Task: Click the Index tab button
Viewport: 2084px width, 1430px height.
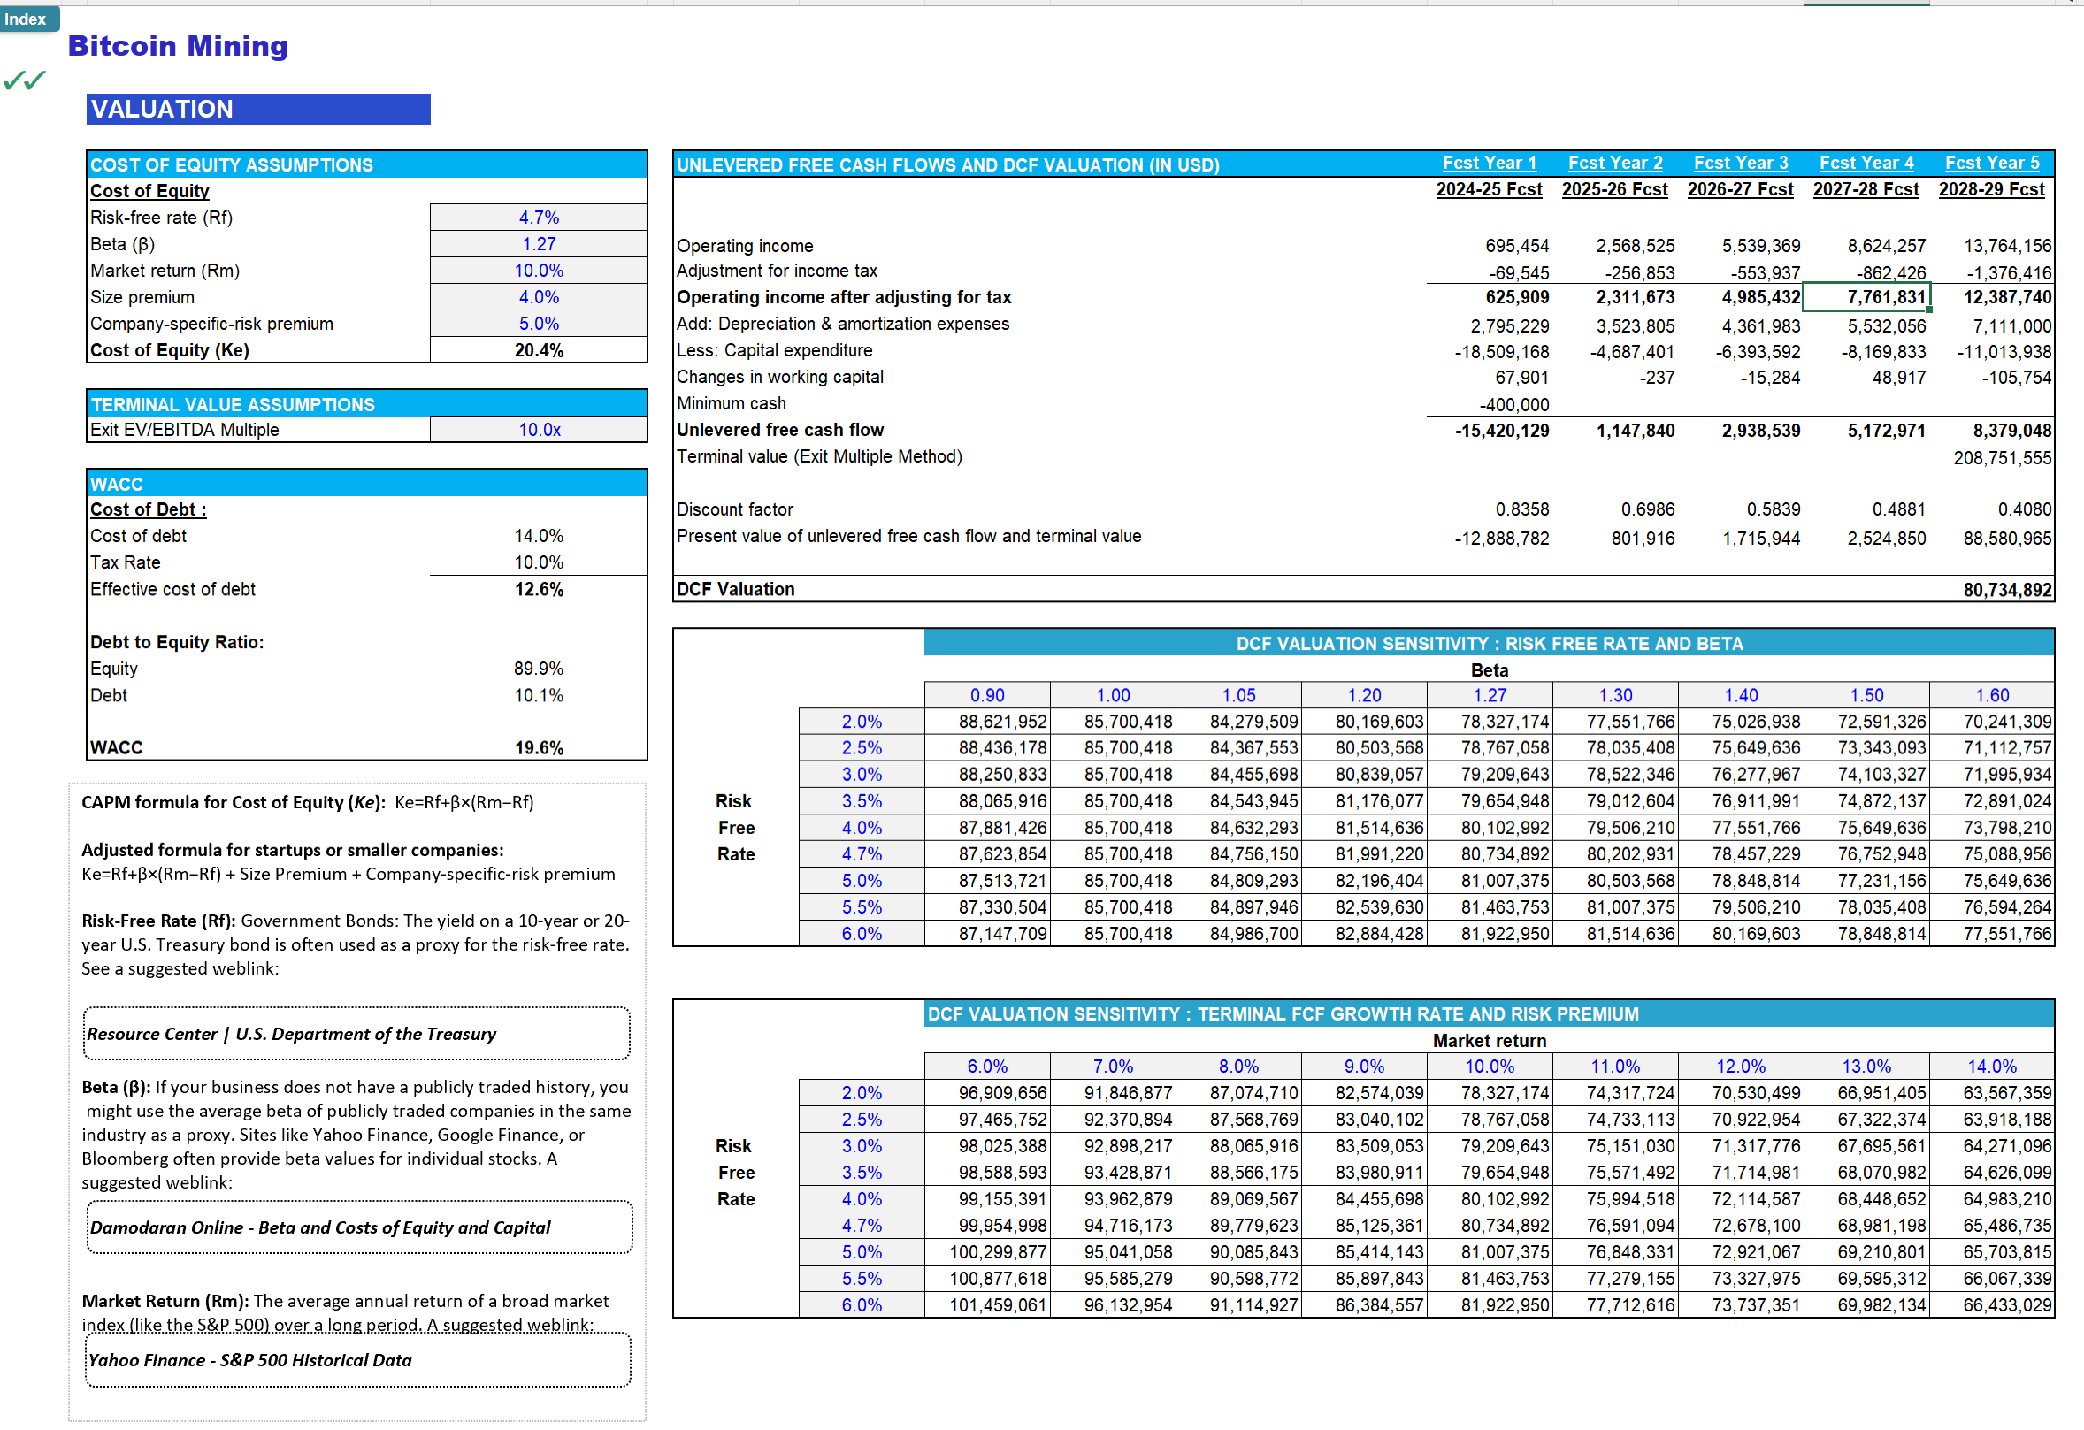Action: click(x=27, y=19)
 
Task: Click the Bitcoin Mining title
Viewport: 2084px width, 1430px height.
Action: click(x=178, y=46)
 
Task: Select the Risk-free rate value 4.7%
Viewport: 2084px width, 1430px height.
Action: click(x=538, y=218)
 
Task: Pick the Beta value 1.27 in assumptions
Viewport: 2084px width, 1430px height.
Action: click(x=538, y=244)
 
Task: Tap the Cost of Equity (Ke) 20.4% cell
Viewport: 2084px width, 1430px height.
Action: click(x=538, y=350)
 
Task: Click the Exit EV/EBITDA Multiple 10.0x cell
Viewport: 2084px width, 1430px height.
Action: click(x=538, y=431)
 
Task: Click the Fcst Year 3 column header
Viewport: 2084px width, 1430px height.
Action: click(x=1740, y=164)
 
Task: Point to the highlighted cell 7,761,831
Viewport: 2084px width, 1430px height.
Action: click(x=1866, y=298)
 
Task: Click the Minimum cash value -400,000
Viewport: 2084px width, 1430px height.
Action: click(x=1513, y=405)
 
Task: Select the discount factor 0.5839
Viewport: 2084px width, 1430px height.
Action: click(x=1773, y=510)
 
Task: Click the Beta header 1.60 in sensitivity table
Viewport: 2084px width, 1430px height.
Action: click(x=1992, y=696)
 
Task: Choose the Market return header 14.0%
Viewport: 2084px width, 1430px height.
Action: click(x=1992, y=1067)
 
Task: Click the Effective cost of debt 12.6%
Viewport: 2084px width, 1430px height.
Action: click(x=538, y=590)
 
